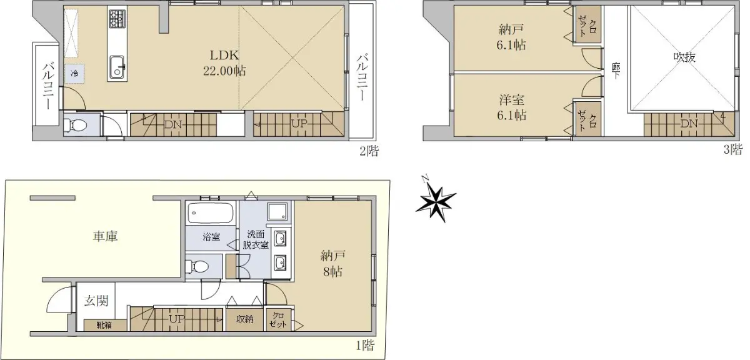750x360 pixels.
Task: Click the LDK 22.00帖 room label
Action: [x=224, y=63]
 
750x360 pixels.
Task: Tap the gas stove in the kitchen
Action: [x=117, y=18]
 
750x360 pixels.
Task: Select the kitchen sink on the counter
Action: [x=117, y=67]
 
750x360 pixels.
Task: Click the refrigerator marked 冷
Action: [x=74, y=73]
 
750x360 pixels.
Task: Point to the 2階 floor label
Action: [x=369, y=151]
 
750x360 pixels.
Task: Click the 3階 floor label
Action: [x=733, y=149]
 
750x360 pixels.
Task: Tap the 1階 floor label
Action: [x=365, y=345]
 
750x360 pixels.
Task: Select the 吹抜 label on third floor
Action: [x=684, y=57]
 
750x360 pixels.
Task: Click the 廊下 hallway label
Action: [x=616, y=71]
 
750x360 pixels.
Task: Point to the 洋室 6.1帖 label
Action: [x=511, y=107]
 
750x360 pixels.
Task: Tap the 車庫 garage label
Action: [x=105, y=236]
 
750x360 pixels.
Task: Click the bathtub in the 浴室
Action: [x=211, y=213]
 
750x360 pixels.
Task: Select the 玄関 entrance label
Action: [x=96, y=301]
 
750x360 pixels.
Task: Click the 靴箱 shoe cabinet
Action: [x=105, y=325]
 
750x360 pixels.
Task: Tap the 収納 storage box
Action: [x=245, y=319]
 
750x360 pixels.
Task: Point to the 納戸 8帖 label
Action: [x=332, y=264]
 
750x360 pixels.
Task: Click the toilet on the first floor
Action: [x=199, y=267]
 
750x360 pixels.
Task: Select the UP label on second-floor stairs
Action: [x=299, y=124]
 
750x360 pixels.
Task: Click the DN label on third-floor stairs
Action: [x=689, y=124]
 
